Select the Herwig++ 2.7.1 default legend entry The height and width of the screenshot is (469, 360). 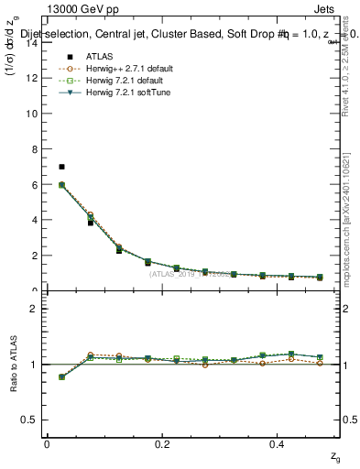click(120, 68)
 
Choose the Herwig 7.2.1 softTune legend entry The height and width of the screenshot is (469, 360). click(119, 93)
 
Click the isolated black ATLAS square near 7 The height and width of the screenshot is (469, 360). click(61, 167)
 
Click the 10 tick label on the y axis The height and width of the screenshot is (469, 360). click(34, 114)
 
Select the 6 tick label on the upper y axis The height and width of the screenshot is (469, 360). click(37, 184)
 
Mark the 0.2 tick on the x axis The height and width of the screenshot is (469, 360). click(163, 444)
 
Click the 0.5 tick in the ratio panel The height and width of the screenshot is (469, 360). click(32, 420)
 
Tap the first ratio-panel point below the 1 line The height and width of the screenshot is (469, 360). click(61, 376)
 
